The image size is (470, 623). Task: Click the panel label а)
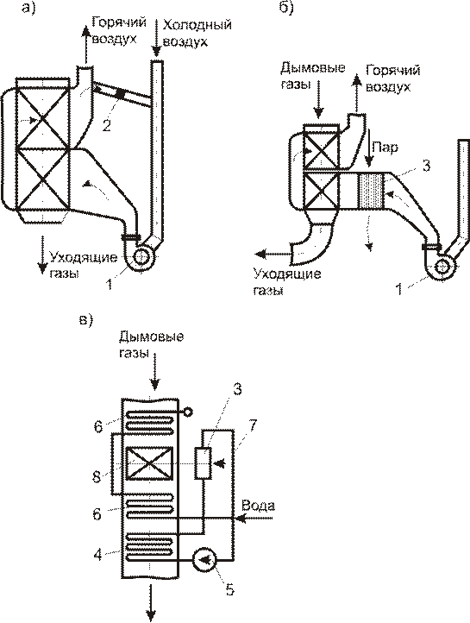(28, 8)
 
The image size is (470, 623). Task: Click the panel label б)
(286, 8)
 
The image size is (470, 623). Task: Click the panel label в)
(85, 320)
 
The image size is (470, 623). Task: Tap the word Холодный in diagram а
(197, 25)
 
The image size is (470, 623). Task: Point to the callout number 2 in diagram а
(106, 126)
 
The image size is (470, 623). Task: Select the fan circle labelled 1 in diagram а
(141, 256)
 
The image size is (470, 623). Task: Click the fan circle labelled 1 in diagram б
(440, 267)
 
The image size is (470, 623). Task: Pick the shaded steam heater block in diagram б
(371, 191)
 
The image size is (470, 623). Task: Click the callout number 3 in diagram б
(425, 166)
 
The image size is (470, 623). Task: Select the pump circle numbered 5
(204, 560)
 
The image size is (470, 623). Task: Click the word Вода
(258, 506)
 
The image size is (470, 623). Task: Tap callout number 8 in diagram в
(97, 476)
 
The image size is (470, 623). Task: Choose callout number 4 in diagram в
(97, 554)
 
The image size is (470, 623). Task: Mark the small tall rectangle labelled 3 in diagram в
(203, 463)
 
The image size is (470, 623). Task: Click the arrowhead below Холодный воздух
(156, 52)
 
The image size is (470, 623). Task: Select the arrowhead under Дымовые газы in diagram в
(154, 384)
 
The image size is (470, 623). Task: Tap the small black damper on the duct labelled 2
(120, 94)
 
